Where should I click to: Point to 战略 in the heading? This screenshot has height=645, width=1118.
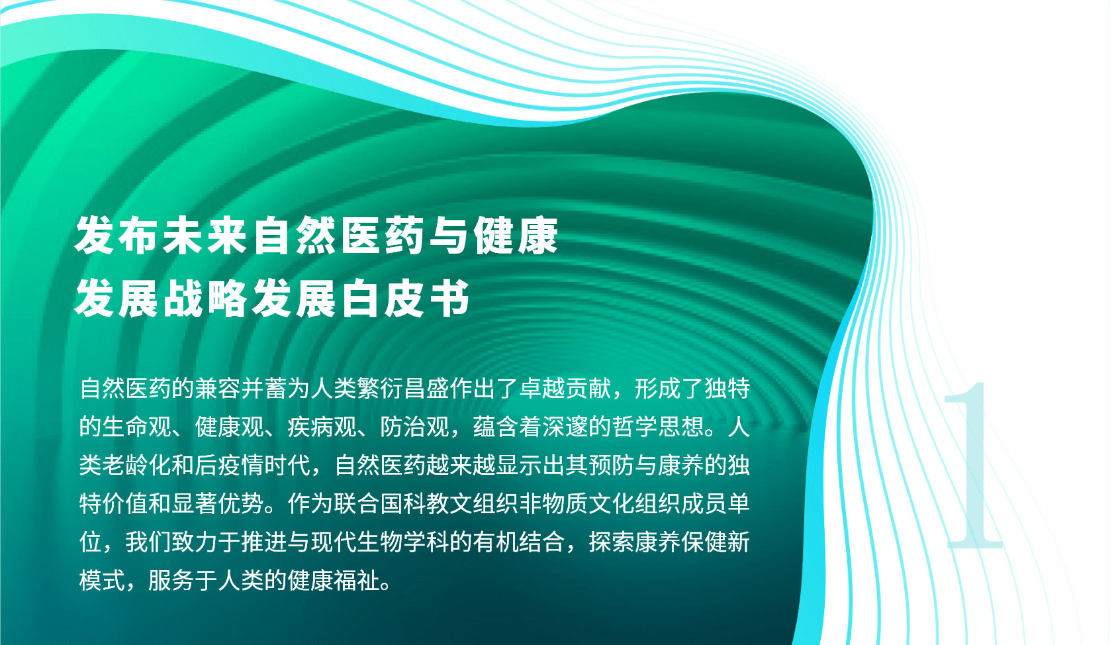point(205,299)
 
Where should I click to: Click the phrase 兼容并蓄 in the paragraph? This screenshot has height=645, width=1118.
point(240,389)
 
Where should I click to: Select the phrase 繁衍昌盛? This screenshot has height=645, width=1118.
point(402,389)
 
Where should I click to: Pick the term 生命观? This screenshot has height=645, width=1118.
point(137,427)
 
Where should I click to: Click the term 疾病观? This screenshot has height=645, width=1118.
point(322,427)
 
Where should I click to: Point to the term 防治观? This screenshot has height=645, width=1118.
point(414,427)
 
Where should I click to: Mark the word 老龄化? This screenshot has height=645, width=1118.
point(137,466)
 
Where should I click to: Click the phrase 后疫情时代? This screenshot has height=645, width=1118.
point(252,466)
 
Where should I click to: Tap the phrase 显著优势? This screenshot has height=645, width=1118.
point(218,504)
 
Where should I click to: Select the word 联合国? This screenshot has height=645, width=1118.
point(368,504)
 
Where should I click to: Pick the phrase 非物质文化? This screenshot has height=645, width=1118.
point(577,504)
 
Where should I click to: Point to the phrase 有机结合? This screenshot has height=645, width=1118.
point(519,542)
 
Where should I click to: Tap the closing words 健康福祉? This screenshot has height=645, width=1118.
point(334,581)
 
